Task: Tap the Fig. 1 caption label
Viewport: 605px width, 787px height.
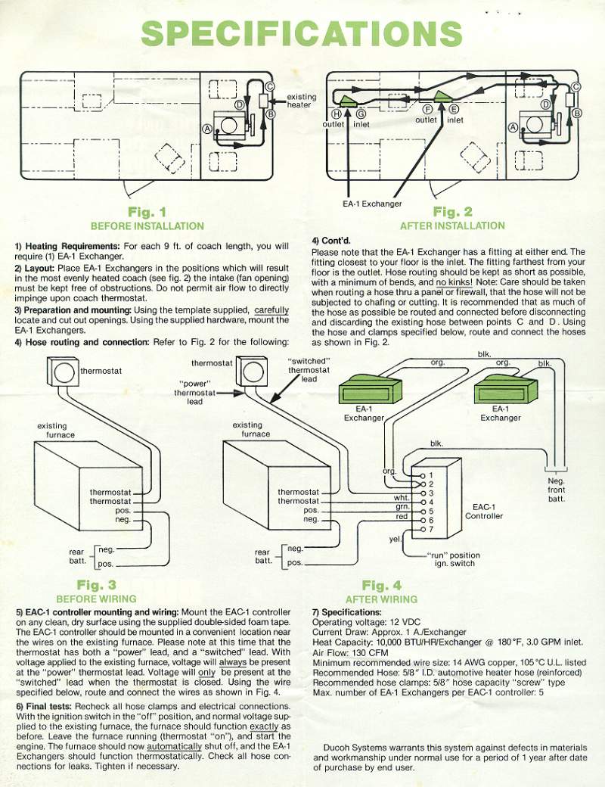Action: coord(147,213)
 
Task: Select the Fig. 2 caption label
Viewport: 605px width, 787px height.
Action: coord(453,212)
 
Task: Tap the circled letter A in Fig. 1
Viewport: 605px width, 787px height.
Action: coord(206,129)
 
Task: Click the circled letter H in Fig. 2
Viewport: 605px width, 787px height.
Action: coord(337,114)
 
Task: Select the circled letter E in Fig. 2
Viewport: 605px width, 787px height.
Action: coord(455,109)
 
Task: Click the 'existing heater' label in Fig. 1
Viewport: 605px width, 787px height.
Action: coord(301,101)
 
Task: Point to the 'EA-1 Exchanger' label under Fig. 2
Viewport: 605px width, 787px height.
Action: coord(371,204)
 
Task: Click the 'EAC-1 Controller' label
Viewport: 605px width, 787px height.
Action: coord(483,511)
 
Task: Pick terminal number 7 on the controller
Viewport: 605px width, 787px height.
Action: coord(430,529)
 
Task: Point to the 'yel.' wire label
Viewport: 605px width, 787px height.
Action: coord(394,539)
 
